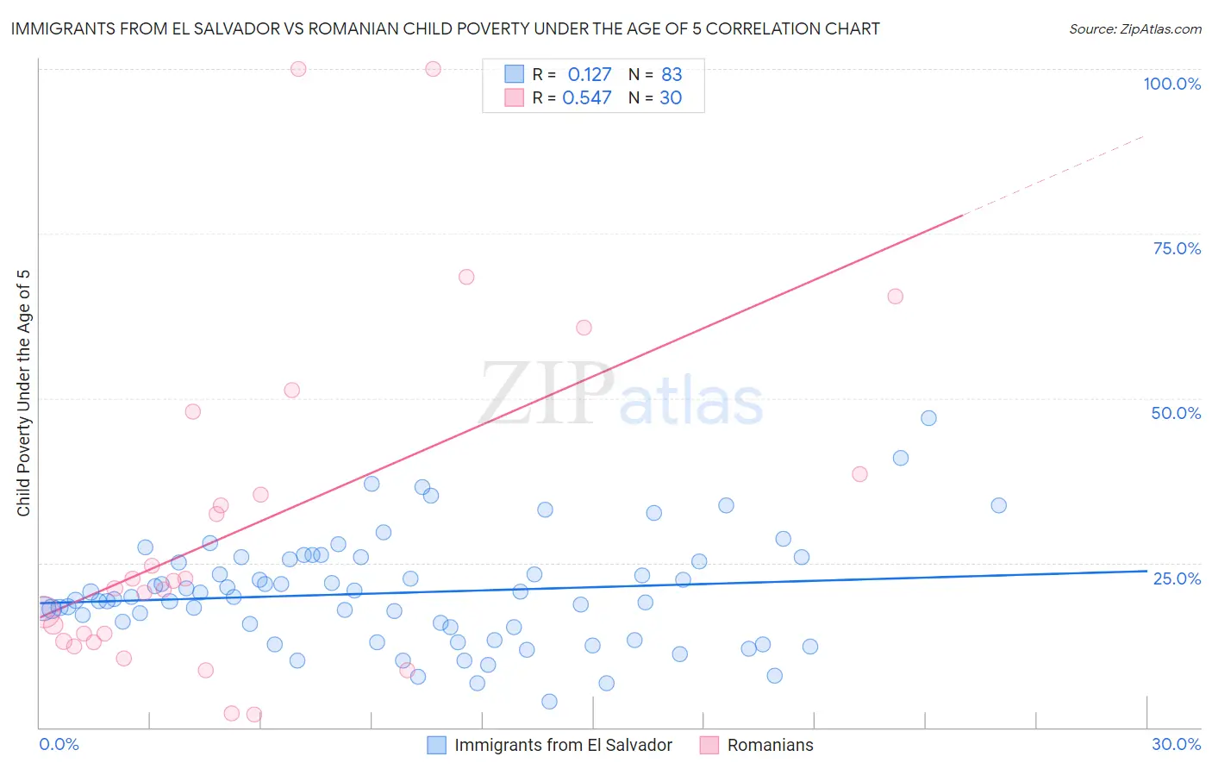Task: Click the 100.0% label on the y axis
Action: pyautogui.click(x=1171, y=84)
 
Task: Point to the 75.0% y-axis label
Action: pyautogui.click(x=1177, y=248)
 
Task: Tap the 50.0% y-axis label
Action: pyautogui.click(x=1176, y=413)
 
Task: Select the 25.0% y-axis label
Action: pyautogui.click(x=1177, y=578)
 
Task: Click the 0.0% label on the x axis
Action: pyautogui.click(x=59, y=744)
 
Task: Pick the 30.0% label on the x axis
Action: pyautogui.click(x=1176, y=744)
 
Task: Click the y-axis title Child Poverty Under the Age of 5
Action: pyautogui.click(x=23, y=393)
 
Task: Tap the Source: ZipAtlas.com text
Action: pyautogui.click(x=1134, y=29)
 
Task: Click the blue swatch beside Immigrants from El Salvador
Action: pyautogui.click(x=437, y=745)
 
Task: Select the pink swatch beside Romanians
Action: pyautogui.click(x=709, y=745)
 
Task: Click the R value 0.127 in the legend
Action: pyautogui.click(x=589, y=75)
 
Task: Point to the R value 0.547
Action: pyautogui.click(x=586, y=98)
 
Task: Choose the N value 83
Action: pyautogui.click(x=672, y=75)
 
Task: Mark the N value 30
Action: pyautogui.click(x=671, y=98)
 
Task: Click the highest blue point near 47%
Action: pyautogui.click(x=928, y=418)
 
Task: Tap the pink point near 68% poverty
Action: pyautogui.click(x=466, y=277)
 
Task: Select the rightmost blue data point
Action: pyautogui.click(x=998, y=505)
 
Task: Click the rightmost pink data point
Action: pyautogui.click(x=895, y=297)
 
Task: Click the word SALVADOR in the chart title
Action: pyautogui.click(x=234, y=29)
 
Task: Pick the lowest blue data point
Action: pyautogui.click(x=549, y=702)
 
